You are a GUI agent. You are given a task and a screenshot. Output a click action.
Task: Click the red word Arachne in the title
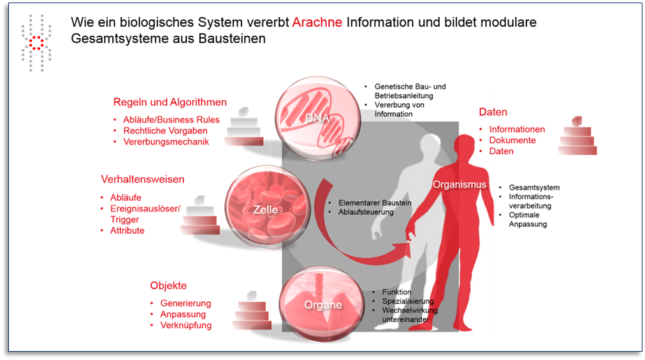[317, 22]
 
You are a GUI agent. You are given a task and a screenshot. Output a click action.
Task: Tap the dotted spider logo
[36, 43]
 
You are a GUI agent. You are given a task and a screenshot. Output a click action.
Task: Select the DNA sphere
[317, 119]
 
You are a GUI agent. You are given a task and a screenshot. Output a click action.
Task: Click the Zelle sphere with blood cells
[267, 206]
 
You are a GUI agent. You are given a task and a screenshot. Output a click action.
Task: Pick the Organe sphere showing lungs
[322, 305]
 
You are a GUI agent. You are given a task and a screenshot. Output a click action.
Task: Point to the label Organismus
[459, 184]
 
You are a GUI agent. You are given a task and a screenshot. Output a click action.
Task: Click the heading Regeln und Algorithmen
[170, 102]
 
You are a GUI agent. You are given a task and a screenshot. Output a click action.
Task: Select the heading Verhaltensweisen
[142, 180]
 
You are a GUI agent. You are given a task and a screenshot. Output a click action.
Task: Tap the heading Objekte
[168, 285]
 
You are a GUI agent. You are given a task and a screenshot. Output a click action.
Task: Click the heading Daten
[493, 112]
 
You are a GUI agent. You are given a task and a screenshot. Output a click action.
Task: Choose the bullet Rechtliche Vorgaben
[165, 131]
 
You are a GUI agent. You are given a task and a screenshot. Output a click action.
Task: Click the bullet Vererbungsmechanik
[166, 142]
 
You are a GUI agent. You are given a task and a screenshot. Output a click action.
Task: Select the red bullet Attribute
[127, 231]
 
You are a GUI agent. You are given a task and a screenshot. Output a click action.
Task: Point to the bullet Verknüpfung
[186, 325]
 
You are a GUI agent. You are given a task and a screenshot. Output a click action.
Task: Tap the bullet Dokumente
[512, 140]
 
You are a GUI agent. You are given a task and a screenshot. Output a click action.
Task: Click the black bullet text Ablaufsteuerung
[366, 212]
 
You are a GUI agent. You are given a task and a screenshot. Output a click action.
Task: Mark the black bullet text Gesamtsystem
[534, 187]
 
